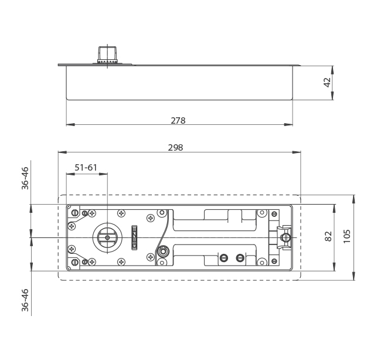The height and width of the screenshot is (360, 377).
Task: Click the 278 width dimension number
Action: coord(178,120)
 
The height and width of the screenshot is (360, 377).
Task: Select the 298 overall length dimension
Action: coord(175,148)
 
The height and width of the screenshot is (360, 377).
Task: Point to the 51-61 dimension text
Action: coord(86,168)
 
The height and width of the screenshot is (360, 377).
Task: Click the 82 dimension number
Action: coord(328,236)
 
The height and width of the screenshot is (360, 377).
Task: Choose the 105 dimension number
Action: coord(347,236)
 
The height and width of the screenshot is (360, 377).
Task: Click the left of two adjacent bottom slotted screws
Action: coord(223,258)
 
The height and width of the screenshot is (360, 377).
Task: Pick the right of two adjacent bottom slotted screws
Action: coord(239,258)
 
